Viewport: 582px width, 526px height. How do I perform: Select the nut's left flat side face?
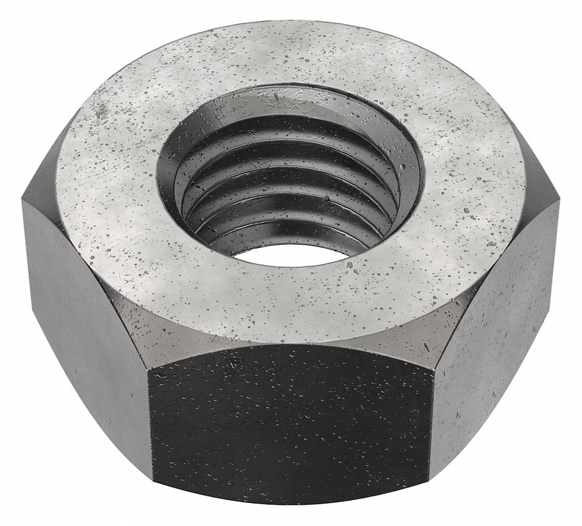[88, 311]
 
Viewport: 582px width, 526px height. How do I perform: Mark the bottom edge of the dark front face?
[290, 500]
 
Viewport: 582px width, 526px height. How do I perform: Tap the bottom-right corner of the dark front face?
[429, 479]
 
